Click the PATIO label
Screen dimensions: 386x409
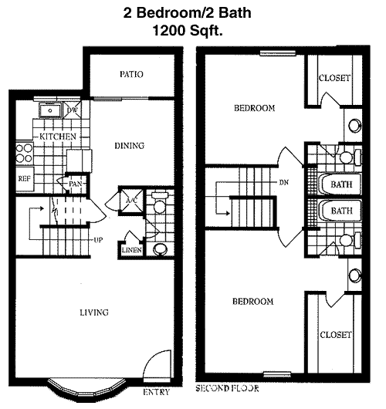pyautogui.click(x=131, y=74)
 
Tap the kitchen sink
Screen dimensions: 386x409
pyautogui.click(x=50, y=110)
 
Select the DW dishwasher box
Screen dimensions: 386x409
pyautogui.click(x=73, y=110)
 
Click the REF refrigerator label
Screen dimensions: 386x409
pyautogui.click(x=24, y=179)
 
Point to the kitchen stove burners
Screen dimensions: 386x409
pyautogui.click(x=24, y=153)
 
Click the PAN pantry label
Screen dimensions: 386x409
pyautogui.click(x=76, y=184)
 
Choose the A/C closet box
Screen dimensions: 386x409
pyautogui.click(x=131, y=201)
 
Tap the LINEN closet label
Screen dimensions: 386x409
pyautogui.click(x=131, y=250)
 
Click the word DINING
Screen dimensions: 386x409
pyautogui.click(x=130, y=146)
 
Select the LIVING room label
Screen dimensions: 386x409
pyautogui.click(x=94, y=313)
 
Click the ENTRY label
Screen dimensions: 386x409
pyautogui.click(x=157, y=392)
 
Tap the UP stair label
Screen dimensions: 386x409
pyautogui.click(x=98, y=240)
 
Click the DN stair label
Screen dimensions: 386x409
pyautogui.click(x=284, y=183)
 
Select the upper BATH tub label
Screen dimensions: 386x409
pyautogui.click(x=341, y=184)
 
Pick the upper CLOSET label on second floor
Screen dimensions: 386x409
pyautogui.click(x=334, y=78)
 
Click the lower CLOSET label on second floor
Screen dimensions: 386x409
pyautogui.click(x=336, y=335)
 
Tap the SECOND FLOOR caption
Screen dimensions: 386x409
pyautogui.click(x=227, y=388)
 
